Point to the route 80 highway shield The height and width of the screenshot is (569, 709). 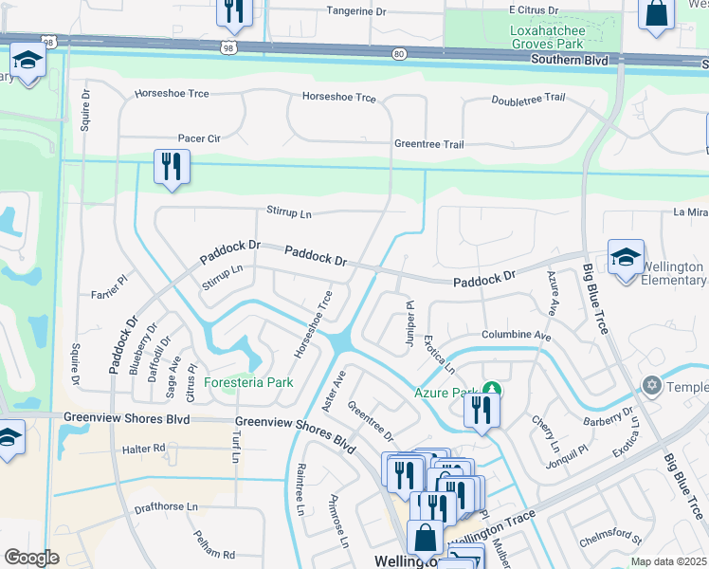pyautogui.click(x=399, y=54)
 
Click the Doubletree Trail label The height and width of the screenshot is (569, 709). pyautogui.click(x=529, y=99)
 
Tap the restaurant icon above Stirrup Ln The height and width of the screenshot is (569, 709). pyautogui.click(x=173, y=166)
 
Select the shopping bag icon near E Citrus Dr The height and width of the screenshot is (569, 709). pyautogui.click(x=656, y=14)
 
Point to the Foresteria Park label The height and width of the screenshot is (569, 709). pyautogui.click(x=248, y=382)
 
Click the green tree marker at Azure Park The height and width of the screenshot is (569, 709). pyautogui.click(x=491, y=390)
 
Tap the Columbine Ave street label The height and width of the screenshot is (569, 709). pyautogui.click(x=516, y=336)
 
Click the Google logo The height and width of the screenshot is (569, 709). pyautogui.click(x=32, y=557)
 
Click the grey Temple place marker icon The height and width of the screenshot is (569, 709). pyautogui.click(x=651, y=386)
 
